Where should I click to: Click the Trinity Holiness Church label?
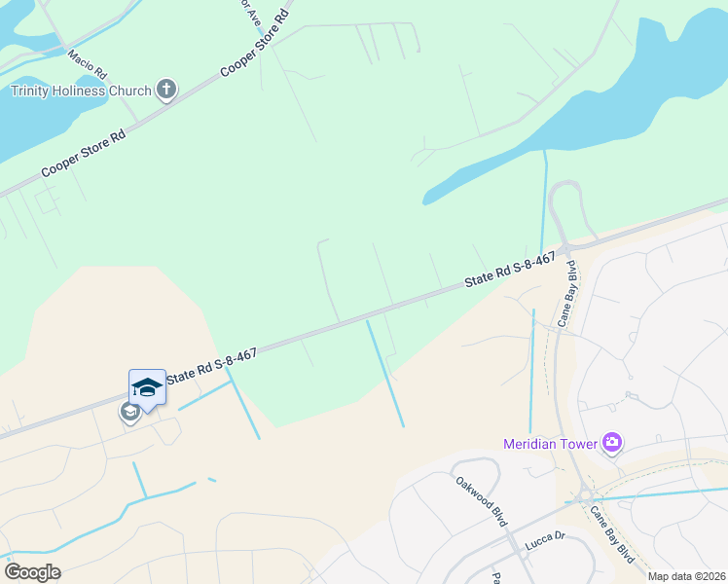pos(81,91)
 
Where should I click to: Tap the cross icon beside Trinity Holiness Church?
pos(166,91)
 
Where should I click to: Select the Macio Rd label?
pos(87,67)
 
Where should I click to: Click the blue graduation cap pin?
pos(147,387)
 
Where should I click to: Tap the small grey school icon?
pos(128,413)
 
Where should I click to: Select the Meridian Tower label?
pos(550,445)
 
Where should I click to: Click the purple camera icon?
pos(611,444)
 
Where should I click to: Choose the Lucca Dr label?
pos(545,538)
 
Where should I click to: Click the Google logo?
pos(32,572)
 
